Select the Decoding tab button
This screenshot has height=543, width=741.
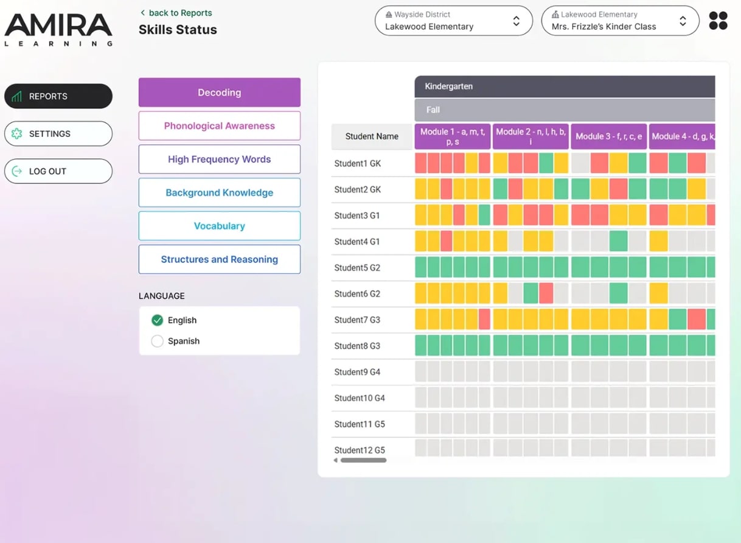[x=219, y=93]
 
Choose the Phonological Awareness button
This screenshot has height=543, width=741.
[x=219, y=126]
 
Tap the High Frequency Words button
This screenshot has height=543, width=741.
[x=219, y=159]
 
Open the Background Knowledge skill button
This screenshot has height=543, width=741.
[x=219, y=193]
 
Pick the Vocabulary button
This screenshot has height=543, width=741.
[x=219, y=226]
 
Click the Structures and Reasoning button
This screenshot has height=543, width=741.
[x=219, y=259]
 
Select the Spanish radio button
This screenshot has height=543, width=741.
[x=158, y=341]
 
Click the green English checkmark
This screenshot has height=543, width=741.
[x=158, y=320]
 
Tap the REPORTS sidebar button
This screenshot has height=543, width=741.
[x=58, y=96]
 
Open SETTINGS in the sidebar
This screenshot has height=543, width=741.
[x=58, y=134]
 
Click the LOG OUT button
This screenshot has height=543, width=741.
[x=58, y=172]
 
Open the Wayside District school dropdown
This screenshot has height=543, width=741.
[x=453, y=21]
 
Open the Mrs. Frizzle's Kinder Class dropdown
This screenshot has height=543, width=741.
[x=620, y=21]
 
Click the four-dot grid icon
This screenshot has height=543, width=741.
[x=718, y=21]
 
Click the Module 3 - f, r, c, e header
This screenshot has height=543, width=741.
[x=608, y=136]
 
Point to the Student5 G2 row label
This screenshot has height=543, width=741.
[x=357, y=268]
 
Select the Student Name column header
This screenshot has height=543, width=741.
[x=372, y=136]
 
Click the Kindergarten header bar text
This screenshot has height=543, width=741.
[x=448, y=86]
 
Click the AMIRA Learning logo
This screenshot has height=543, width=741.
[x=58, y=29]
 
